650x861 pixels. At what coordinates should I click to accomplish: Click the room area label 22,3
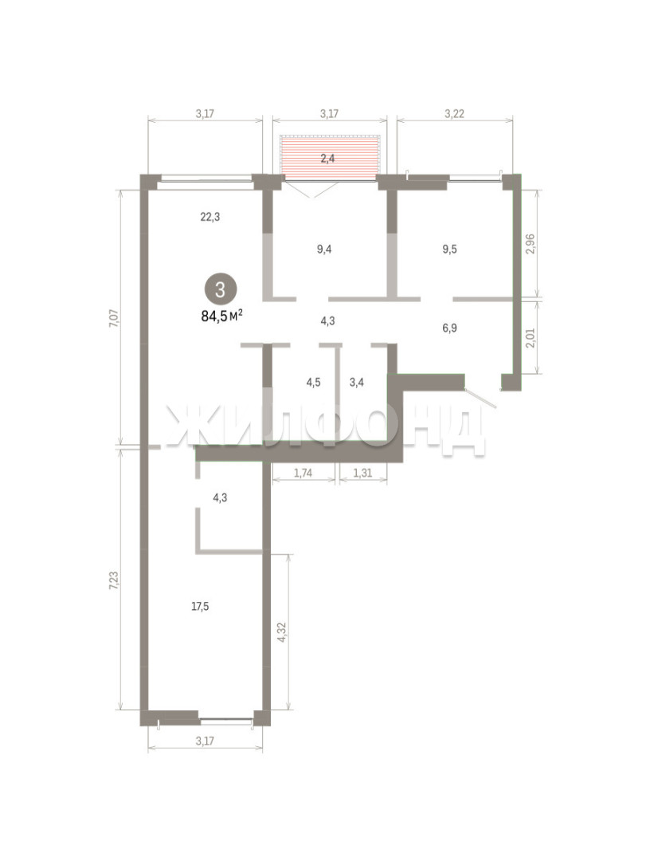210,217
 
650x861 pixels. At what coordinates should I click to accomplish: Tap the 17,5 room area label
200,607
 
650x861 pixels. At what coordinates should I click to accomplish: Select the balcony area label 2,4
327,159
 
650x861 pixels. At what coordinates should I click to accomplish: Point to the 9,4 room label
324,250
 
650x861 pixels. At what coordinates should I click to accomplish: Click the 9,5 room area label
450,250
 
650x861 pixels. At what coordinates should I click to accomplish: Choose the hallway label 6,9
449,328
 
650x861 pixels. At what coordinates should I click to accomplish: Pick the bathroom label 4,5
313,382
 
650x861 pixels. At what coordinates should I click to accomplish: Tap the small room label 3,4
357,382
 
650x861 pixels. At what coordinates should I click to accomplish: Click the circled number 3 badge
221,289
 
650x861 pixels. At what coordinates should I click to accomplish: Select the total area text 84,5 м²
222,316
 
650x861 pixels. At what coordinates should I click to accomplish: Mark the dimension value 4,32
282,632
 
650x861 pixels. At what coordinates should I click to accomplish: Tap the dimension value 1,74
303,473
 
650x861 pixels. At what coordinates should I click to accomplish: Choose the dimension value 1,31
362,473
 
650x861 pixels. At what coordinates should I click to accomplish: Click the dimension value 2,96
530,244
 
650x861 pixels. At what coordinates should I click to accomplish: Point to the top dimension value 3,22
454,114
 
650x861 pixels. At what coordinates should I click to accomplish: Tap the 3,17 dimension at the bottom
205,741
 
